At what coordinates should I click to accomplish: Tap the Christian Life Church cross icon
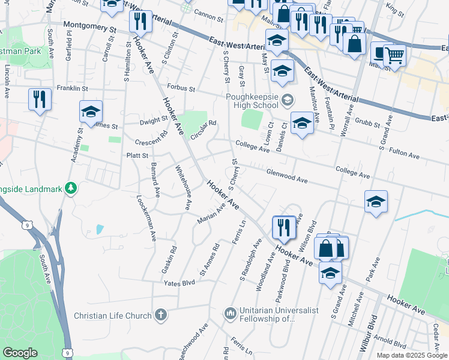161,314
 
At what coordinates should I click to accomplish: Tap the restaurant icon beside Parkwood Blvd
284,227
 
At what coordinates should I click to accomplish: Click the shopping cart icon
394,56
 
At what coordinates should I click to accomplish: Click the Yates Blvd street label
180,282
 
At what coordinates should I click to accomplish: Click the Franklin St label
72,88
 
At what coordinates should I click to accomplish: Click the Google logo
20,352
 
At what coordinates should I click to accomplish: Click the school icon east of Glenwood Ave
376,202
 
